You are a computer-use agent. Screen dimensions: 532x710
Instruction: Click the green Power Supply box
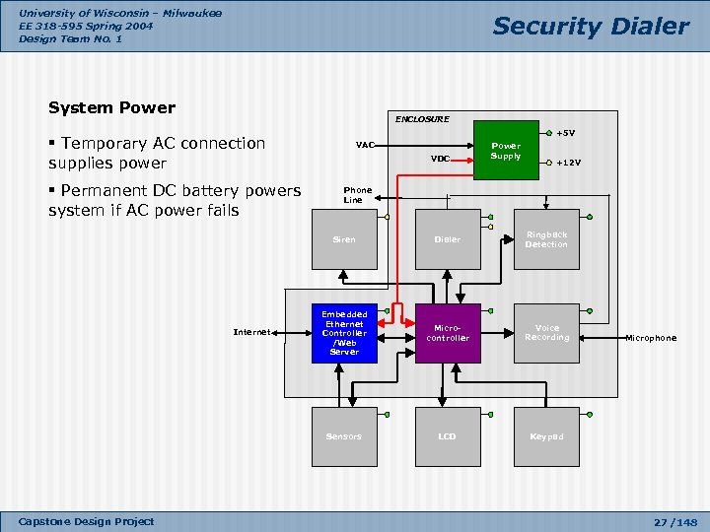pyautogui.click(x=505, y=151)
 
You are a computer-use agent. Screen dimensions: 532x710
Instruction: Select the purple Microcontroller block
pyautogui.click(x=448, y=333)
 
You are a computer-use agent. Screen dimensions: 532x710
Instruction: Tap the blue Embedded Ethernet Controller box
pyautogui.click(x=344, y=333)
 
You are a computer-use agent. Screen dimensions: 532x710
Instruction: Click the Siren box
pyautogui.click(x=344, y=239)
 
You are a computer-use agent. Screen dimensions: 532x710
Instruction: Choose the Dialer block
pyautogui.click(x=448, y=239)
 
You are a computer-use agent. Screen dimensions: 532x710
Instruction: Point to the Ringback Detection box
pyautogui.click(x=546, y=239)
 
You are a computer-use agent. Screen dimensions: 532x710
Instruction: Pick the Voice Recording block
pyautogui.click(x=546, y=333)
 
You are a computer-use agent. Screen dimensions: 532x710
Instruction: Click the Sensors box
pyautogui.click(x=344, y=436)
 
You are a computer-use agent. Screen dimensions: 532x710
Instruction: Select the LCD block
pyautogui.click(x=448, y=436)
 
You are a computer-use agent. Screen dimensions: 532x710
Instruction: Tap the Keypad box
pyautogui.click(x=546, y=436)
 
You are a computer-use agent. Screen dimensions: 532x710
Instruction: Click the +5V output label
pyautogui.click(x=566, y=133)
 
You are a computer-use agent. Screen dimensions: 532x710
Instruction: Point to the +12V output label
pyautogui.click(x=569, y=163)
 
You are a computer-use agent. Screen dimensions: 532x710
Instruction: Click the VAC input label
pyautogui.click(x=365, y=145)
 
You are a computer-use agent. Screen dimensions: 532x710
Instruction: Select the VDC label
pyautogui.click(x=440, y=158)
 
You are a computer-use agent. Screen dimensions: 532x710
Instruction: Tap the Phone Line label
pyautogui.click(x=357, y=194)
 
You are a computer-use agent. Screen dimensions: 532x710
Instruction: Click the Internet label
pyautogui.click(x=251, y=333)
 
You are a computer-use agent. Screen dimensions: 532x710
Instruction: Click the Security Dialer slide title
pyautogui.click(x=591, y=27)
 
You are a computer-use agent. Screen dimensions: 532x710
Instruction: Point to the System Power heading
pyautogui.click(x=111, y=107)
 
